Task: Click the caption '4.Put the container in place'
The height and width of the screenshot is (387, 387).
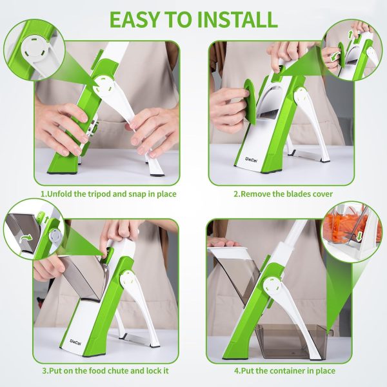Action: pos(279,371)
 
